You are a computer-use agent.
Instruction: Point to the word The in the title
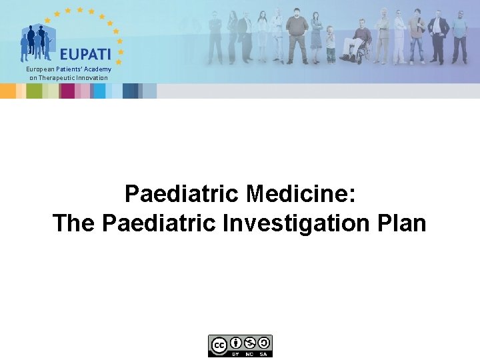point(75,223)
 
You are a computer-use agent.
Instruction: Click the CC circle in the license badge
point(218,345)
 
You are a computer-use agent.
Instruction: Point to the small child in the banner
point(331,44)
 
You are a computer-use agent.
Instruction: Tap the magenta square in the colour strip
point(67,91)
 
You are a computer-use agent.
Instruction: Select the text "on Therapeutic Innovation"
point(68,78)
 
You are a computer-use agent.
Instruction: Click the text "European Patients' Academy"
point(68,69)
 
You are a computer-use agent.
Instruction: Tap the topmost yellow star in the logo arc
point(79,10)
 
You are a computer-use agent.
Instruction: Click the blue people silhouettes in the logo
point(37,42)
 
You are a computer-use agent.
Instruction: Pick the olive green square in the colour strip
point(34,91)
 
